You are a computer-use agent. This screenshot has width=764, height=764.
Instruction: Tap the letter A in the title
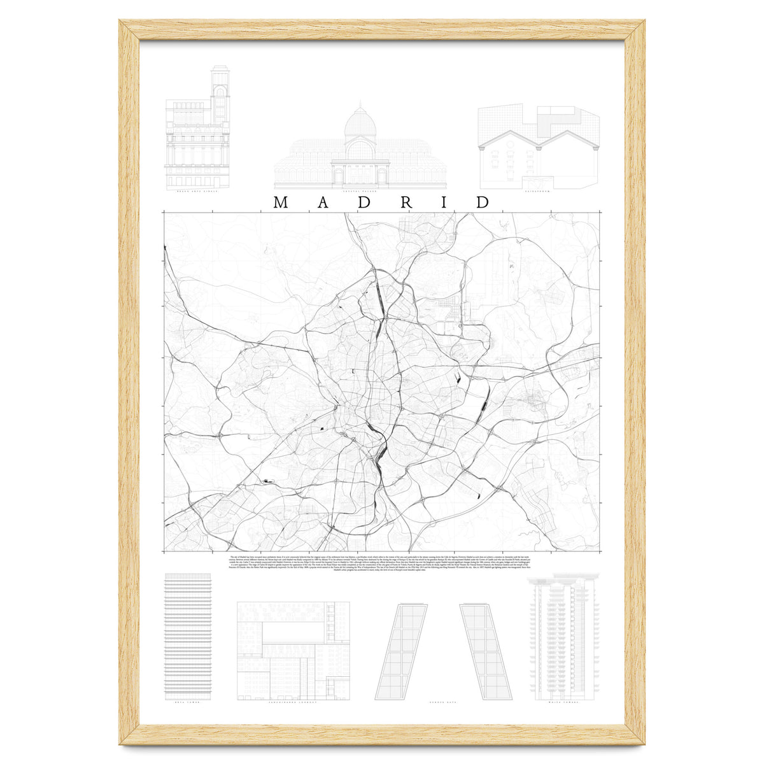click(323, 202)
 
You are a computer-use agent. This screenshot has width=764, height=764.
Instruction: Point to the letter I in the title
click(444, 202)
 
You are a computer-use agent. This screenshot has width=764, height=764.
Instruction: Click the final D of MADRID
click(483, 202)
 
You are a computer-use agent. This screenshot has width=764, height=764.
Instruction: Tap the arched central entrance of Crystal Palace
click(360, 175)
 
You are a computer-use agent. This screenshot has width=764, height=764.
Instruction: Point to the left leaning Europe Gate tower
click(402, 651)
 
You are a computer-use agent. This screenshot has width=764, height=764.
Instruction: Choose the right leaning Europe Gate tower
click(483, 651)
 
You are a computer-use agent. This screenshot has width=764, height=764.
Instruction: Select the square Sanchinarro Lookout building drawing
click(293, 651)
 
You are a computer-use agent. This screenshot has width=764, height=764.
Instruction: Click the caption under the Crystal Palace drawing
click(360, 190)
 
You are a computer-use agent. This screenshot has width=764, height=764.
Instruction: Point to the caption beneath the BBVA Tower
click(187, 703)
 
